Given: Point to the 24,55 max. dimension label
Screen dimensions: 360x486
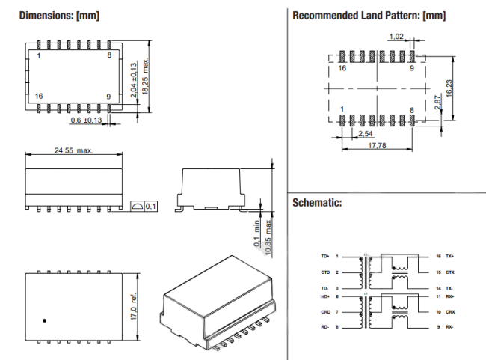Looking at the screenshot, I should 73,150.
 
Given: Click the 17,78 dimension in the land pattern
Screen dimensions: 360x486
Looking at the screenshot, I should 378,146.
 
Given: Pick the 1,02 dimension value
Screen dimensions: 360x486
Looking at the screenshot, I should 397,36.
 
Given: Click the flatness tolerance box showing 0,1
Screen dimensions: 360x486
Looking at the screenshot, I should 144,206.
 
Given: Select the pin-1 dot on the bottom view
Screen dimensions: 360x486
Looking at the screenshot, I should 45,321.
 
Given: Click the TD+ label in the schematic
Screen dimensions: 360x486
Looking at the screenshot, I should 324,255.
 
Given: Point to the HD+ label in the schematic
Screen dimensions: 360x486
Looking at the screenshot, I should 324,296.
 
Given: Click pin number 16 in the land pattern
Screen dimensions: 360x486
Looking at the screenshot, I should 342,67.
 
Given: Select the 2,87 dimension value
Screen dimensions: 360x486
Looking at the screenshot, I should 438,103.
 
